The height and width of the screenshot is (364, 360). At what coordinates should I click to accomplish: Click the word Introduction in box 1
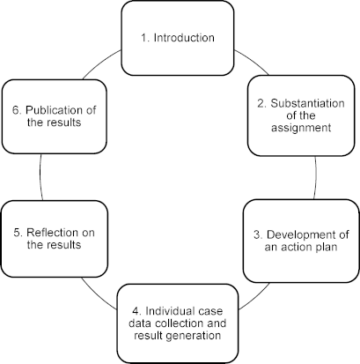[184, 38]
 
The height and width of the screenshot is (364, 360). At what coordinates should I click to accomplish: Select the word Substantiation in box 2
[307, 103]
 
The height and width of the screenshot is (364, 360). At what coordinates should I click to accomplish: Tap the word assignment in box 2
[301, 128]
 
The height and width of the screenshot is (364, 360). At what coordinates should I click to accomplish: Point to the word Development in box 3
[304, 234]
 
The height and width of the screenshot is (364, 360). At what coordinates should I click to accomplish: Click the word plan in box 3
[326, 247]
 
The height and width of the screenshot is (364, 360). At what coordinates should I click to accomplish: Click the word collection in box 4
[179, 323]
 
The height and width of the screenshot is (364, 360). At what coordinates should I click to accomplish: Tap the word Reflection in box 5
[50, 233]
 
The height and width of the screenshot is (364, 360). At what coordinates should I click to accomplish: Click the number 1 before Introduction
[144, 38]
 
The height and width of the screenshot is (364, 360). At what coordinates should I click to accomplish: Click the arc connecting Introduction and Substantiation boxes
[252, 61]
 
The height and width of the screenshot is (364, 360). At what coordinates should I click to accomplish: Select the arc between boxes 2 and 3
[316, 178]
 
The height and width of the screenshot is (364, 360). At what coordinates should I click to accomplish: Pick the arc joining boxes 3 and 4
[255, 297]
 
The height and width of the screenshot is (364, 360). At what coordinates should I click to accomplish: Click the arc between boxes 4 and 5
[99, 294]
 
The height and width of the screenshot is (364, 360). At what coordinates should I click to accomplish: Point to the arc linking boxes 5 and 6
[40, 177]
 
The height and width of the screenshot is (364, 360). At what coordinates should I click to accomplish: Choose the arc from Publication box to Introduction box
[101, 63]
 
